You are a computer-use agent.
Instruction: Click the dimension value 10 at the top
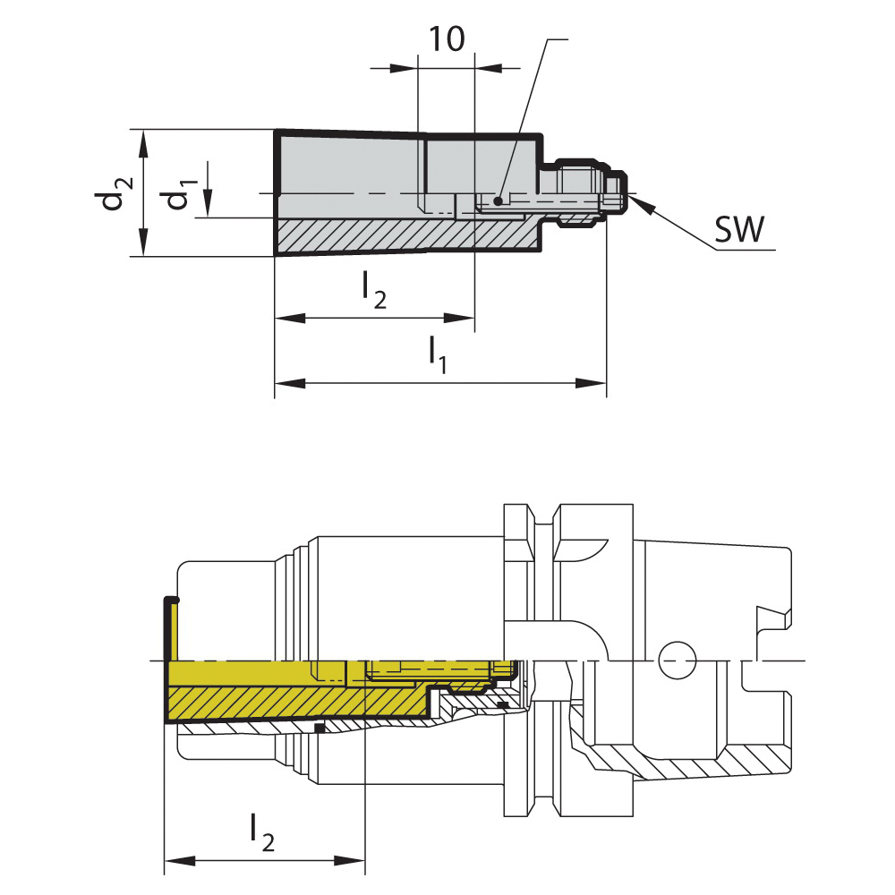tap(447, 39)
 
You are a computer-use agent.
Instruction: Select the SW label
tap(739, 231)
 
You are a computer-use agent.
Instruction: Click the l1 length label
tap(438, 354)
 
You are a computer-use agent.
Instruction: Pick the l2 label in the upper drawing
tap(373, 289)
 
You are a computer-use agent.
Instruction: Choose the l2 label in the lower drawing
tap(262, 833)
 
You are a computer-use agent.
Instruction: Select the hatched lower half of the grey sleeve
tap(403, 234)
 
